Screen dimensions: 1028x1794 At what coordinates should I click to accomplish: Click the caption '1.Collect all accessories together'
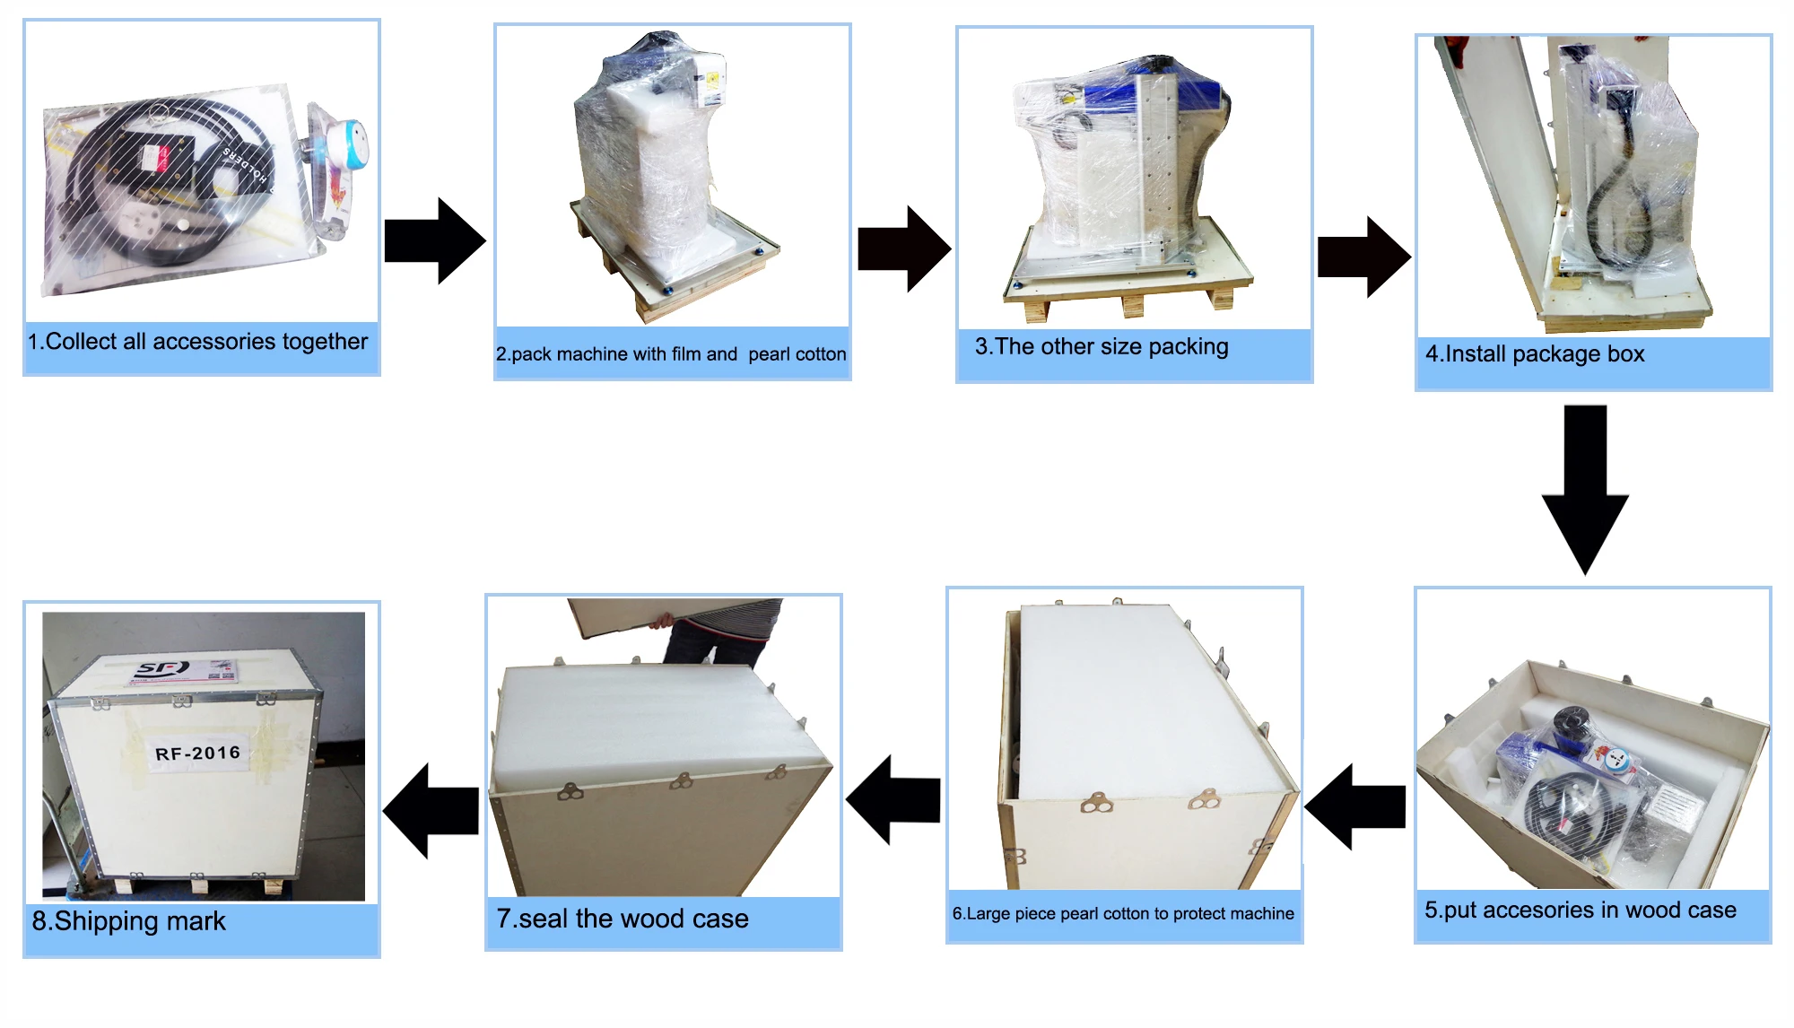(197, 342)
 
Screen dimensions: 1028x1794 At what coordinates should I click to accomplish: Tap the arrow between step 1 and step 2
(435, 240)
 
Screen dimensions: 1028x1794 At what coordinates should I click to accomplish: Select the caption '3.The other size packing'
(1102, 347)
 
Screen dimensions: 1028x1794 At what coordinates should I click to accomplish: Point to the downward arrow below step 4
(1585, 489)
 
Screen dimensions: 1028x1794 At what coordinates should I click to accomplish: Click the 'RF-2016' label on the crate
(197, 753)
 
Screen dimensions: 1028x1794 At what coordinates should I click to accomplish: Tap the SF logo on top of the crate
(161, 668)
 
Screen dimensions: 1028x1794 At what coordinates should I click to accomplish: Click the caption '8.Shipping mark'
(129, 921)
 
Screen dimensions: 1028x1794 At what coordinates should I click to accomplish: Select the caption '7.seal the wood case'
(623, 919)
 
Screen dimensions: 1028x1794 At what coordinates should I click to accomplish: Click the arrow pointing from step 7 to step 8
(431, 810)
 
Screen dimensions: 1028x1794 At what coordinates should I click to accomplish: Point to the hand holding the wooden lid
(664, 621)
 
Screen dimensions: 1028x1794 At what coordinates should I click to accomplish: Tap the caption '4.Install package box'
(1535, 354)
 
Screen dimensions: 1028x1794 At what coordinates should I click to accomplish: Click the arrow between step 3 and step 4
(1363, 257)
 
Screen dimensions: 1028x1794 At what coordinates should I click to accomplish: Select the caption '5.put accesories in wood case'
(1581, 910)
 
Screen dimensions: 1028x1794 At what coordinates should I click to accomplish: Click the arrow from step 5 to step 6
(1354, 806)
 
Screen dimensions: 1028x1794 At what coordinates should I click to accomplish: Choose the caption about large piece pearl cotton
(1123, 914)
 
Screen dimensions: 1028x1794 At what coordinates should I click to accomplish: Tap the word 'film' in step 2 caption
(686, 354)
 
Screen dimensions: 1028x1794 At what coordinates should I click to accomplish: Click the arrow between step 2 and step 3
(903, 248)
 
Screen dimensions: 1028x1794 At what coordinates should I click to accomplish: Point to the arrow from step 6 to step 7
(893, 799)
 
